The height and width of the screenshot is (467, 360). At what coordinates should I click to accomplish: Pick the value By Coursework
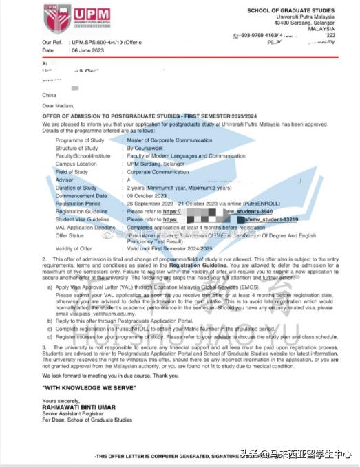click(x=146, y=147)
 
